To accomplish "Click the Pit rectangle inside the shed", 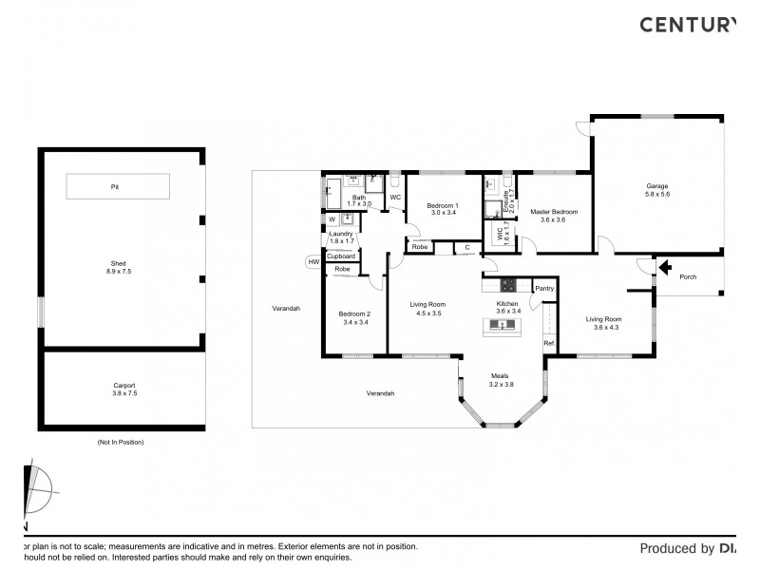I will point(118,186).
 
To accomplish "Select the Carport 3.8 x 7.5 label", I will point(124,389).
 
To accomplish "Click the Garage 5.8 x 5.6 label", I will point(657,190).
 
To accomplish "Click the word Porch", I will point(688,277).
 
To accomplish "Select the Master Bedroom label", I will point(553,216).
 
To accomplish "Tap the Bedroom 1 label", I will point(443,209).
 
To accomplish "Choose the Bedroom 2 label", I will point(355,318).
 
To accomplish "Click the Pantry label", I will point(544,289).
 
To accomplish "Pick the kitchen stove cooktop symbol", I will point(508,284).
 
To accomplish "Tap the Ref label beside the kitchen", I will point(548,343).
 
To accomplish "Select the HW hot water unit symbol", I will point(313,262).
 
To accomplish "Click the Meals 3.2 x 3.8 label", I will point(501,380).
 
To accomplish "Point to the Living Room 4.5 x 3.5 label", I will point(427,309).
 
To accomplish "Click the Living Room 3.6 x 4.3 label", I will point(603,323).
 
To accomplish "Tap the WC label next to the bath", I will point(395,198).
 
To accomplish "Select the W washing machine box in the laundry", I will point(332,219).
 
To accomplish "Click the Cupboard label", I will point(341,256).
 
